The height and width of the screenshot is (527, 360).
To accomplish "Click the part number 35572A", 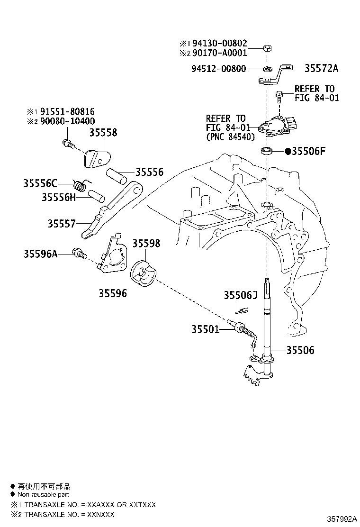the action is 321,68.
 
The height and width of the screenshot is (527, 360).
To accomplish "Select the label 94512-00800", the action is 219,69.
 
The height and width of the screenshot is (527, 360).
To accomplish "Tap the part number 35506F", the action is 308,151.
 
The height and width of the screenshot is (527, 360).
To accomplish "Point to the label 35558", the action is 103,132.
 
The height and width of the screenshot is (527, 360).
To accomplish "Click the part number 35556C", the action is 40,183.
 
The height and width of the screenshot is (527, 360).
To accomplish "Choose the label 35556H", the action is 59,197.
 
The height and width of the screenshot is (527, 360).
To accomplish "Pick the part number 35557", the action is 62,224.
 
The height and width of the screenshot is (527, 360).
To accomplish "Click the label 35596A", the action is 40,254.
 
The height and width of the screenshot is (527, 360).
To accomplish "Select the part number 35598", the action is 146,243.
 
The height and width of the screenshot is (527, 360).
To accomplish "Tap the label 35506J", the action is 241,295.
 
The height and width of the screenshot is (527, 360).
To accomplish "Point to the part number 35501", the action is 205,329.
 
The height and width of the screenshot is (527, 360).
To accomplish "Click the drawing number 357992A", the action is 342,519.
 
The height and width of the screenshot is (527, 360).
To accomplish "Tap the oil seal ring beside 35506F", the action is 267,151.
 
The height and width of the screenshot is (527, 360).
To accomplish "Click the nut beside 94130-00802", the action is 267,48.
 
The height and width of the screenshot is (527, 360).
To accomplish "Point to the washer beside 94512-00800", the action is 267,69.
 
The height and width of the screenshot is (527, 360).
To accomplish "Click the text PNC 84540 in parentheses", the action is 230,137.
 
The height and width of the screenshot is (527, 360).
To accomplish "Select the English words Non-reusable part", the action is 43,494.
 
